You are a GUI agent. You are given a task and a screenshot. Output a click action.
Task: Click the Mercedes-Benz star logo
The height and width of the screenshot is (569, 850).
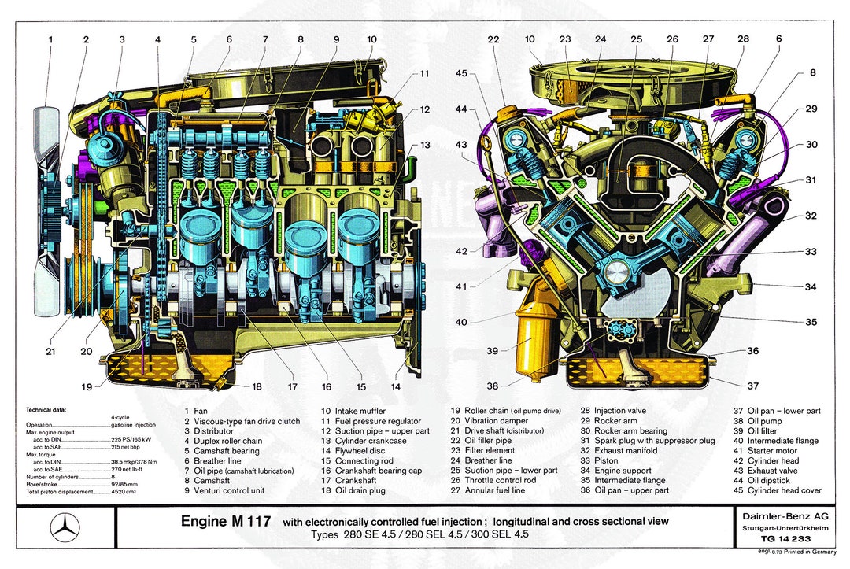pyautogui.click(x=65, y=527)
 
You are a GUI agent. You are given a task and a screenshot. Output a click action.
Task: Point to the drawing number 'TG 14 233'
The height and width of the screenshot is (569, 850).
pyautogui.click(x=775, y=540)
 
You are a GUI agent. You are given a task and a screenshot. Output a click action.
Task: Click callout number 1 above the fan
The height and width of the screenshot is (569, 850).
pyautogui.click(x=50, y=39)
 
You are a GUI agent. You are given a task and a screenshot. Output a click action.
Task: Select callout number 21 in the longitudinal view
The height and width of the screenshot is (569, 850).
pyautogui.click(x=50, y=351)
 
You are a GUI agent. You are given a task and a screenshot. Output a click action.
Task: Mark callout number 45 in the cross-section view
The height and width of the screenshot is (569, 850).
pyautogui.click(x=461, y=74)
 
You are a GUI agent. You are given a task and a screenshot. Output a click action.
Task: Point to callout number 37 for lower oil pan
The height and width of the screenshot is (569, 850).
pyautogui.click(x=753, y=385)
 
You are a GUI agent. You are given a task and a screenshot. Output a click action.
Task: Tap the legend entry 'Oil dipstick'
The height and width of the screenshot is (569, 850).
pyautogui.click(x=766, y=480)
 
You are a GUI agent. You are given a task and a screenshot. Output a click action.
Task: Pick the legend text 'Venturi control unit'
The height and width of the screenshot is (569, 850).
pyautogui.click(x=227, y=490)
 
